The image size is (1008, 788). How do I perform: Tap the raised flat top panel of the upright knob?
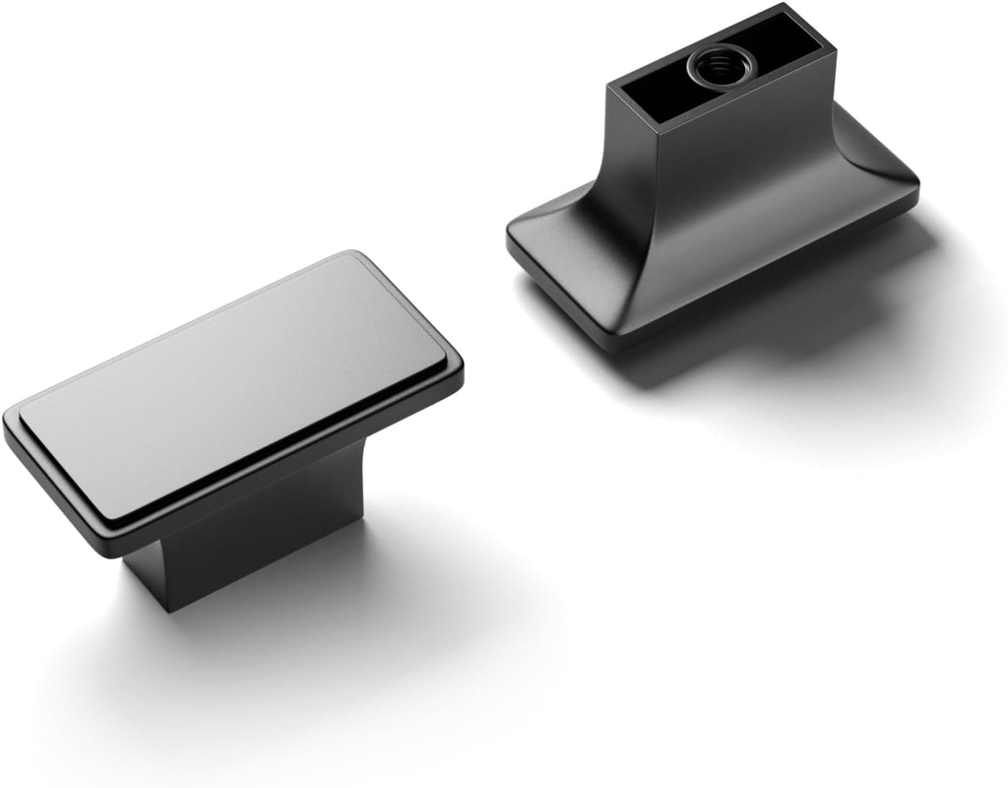tap(236, 379)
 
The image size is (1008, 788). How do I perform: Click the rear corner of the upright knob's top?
tap(349, 255)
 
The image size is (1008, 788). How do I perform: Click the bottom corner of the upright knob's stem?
tap(167, 609)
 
